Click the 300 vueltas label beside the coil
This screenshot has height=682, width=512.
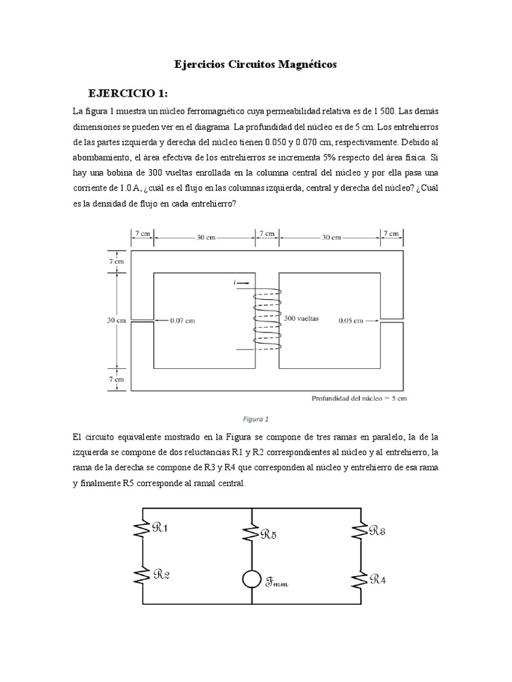301,318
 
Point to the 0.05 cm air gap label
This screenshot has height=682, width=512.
350,320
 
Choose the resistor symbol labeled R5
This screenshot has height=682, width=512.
251,532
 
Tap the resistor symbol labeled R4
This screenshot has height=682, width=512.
360,578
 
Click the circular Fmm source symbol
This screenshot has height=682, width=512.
251,579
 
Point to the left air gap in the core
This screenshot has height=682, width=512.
143,320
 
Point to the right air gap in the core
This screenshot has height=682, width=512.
391,320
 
